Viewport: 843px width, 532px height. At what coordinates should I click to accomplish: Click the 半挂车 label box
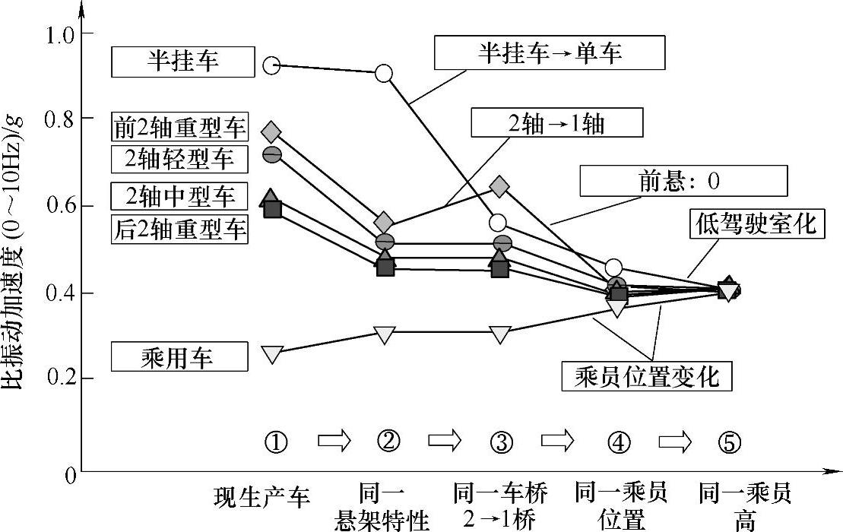[x=182, y=62]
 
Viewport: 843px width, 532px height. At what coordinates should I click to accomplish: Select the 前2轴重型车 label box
[x=179, y=126]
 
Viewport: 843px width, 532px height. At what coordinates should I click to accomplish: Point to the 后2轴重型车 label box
[x=179, y=227]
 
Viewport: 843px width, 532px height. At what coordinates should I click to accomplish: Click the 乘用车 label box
[x=179, y=356]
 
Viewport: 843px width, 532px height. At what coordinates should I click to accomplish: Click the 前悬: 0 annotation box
[x=683, y=182]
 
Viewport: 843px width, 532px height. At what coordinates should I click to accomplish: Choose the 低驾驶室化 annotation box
[x=757, y=223]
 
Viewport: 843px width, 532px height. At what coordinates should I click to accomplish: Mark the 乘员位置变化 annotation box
[x=647, y=375]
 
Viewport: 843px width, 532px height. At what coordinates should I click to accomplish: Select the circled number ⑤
[x=729, y=441]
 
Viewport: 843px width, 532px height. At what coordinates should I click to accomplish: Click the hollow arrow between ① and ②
[x=334, y=440]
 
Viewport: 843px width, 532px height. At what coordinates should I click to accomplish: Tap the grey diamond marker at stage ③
[x=499, y=185]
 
